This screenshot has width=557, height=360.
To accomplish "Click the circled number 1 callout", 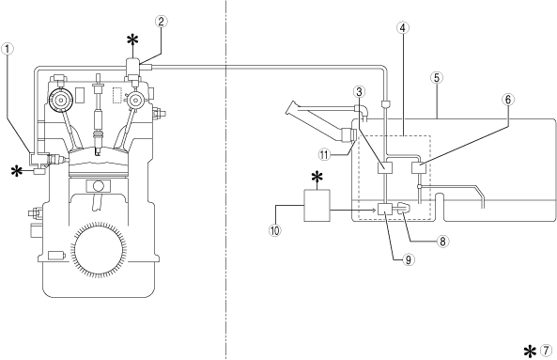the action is (x=8, y=49).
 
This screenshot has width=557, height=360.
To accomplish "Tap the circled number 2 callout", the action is (x=161, y=22).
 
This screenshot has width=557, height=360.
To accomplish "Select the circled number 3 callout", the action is (x=359, y=92).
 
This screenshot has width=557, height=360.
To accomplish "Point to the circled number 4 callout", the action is (x=402, y=27).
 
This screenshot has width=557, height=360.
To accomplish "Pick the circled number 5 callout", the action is (x=437, y=78).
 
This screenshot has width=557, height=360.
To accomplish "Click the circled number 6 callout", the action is (x=507, y=100).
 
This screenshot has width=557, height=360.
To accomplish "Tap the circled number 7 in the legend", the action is (x=547, y=351).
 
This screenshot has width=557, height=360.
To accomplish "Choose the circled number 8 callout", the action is (x=442, y=242).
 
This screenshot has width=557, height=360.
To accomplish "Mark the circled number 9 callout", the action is (x=409, y=259).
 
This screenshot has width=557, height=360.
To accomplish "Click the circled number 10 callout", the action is (x=274, y=230).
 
